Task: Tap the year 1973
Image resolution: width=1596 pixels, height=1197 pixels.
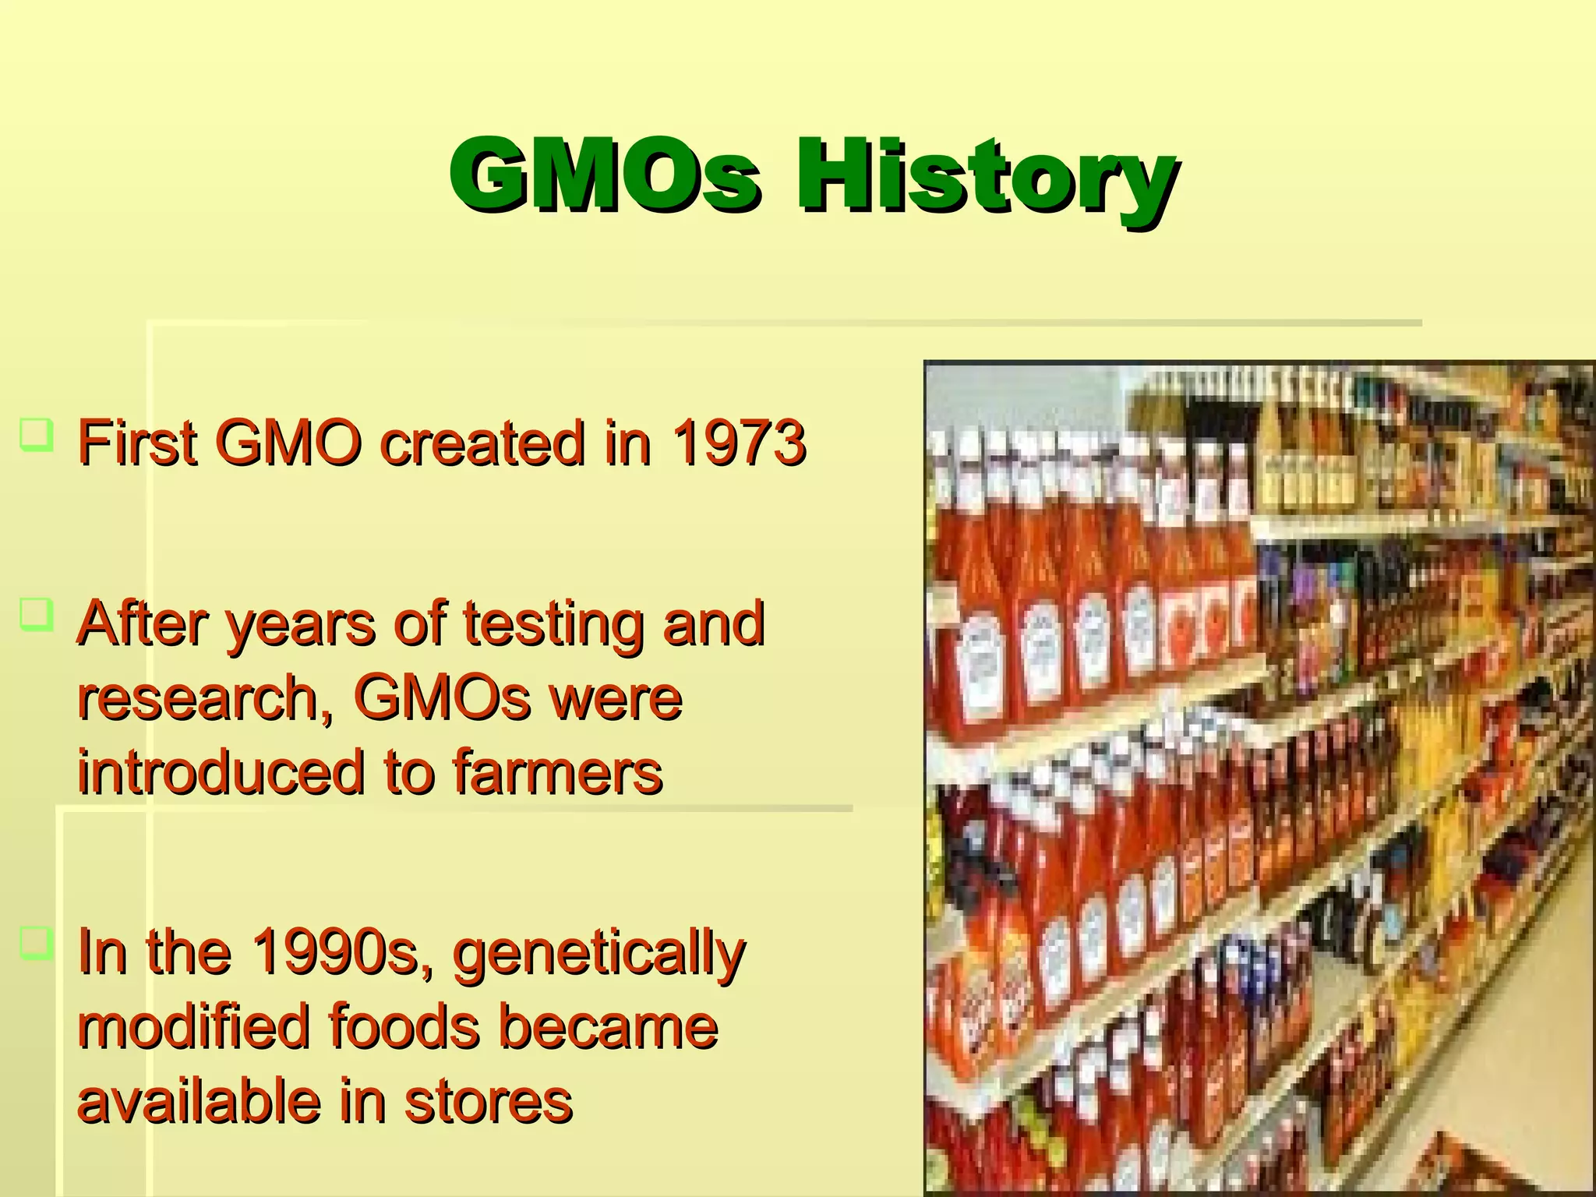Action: [739, 443]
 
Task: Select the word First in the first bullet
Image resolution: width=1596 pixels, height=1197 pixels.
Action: [137, 443]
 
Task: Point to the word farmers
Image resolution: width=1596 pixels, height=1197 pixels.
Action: [557, 772]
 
